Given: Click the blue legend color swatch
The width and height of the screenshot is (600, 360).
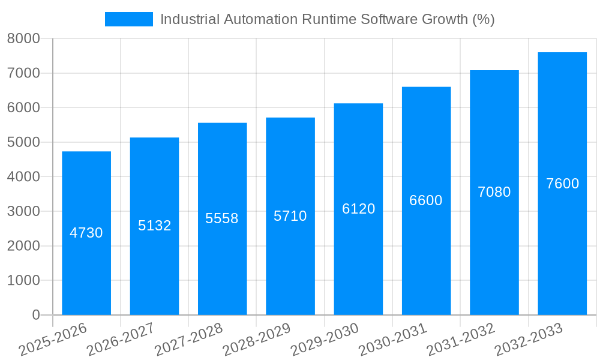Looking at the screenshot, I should (x=128, y=19).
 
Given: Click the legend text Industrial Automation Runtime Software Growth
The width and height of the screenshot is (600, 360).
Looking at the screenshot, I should (x=327, y=19).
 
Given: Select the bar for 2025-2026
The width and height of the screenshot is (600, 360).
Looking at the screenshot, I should (x=86, y=270).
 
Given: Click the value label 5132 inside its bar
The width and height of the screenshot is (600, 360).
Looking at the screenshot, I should (x=155, y=226).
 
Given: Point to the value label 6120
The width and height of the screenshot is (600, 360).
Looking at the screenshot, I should (x=359, y=209).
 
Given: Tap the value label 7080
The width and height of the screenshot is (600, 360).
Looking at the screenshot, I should (x=494, y=192).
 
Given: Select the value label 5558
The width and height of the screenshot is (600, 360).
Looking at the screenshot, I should (x=222, y=218).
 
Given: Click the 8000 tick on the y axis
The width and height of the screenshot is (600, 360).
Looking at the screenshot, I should (x=23, y=38).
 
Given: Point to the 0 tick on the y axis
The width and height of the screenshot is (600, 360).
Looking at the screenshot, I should (x=35, y=315).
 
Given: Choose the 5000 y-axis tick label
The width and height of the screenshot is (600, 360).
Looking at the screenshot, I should (x=23, y=142).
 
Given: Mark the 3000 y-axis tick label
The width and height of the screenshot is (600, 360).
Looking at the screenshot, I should (x=23, y=211).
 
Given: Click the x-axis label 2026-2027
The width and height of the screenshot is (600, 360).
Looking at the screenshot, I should (x=121, y=340).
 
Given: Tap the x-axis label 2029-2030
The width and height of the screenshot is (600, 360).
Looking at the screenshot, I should (x=325, y=340).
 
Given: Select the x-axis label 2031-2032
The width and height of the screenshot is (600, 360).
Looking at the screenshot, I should (x=460, y=340).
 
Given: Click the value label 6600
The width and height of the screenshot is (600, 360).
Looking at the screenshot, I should (x=426, y=200).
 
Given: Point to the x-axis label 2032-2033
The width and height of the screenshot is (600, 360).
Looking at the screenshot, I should (x=528, y=340).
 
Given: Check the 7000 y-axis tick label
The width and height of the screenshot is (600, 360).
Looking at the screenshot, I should (x=23, y=73).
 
